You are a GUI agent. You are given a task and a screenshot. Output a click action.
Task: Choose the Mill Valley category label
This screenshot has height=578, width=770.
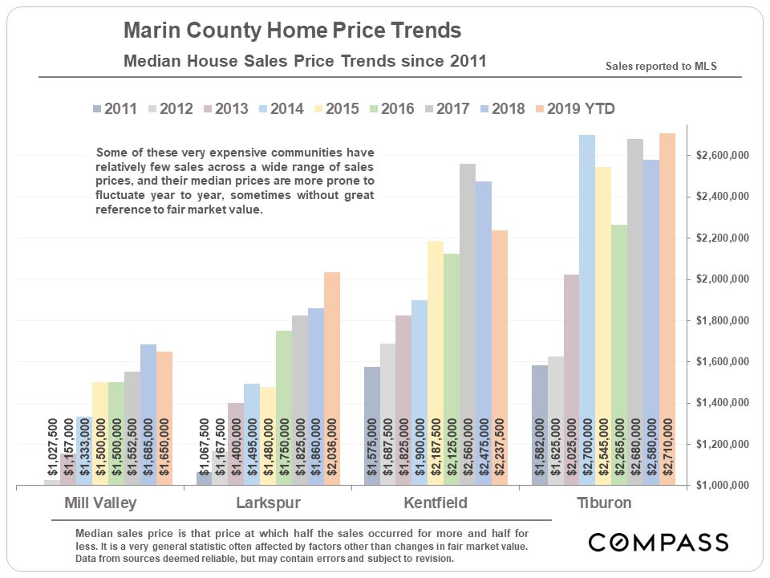click(x=100, y=504)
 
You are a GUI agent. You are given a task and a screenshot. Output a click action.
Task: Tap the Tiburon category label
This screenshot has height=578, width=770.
click(x=604, y=504)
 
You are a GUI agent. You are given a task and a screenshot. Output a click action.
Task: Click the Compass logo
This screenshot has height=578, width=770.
click(x=658, y=542)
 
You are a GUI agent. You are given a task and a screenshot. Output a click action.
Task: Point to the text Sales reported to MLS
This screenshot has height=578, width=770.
click(x=661, y=67)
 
